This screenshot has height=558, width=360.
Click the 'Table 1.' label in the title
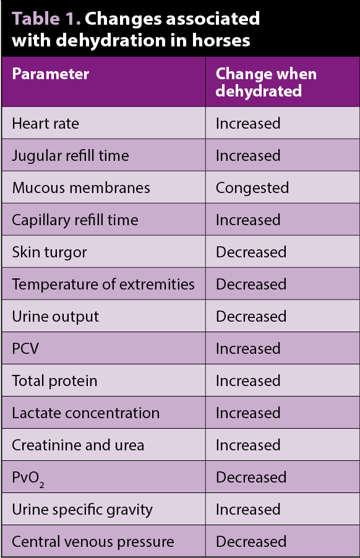(46, 19)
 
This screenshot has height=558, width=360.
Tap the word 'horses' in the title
(221, 40)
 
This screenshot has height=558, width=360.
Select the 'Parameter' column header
(51, 74)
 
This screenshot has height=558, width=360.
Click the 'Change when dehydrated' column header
(266, 82)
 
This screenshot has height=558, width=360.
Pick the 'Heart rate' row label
(46, 124)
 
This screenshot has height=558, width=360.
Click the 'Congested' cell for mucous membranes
(252, 188)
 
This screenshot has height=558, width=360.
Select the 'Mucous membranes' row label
(81, 188)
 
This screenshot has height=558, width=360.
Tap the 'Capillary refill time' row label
(75, 221)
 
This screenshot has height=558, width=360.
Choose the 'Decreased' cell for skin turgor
(251, 252)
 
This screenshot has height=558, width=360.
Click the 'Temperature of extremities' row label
(103, 285)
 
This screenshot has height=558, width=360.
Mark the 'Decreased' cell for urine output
(251, 316)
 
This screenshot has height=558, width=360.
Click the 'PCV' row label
(25, 349)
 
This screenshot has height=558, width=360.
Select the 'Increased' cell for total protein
(248, 381)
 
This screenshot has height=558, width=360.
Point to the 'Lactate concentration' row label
(86, 413)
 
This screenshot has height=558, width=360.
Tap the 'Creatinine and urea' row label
(78, 445)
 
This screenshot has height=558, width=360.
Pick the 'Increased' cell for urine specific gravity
(248, 510)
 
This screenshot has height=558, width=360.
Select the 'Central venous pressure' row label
(93, 542)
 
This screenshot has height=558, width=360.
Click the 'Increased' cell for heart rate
(248, 124)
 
